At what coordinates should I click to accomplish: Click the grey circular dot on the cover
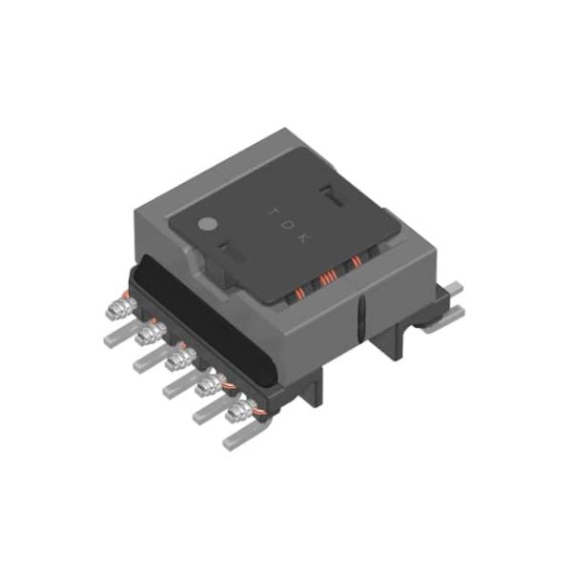click(204, 227)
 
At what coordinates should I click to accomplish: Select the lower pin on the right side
click(447, 315)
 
